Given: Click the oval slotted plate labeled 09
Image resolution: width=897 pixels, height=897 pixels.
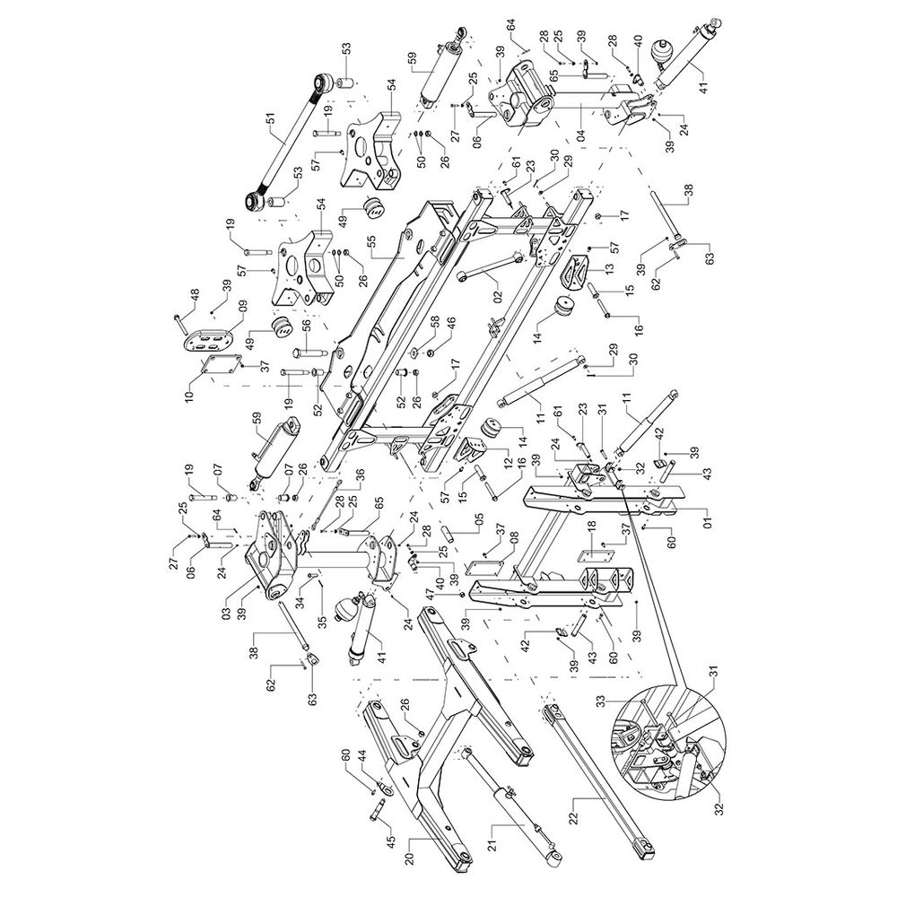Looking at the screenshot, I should point(205,340).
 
